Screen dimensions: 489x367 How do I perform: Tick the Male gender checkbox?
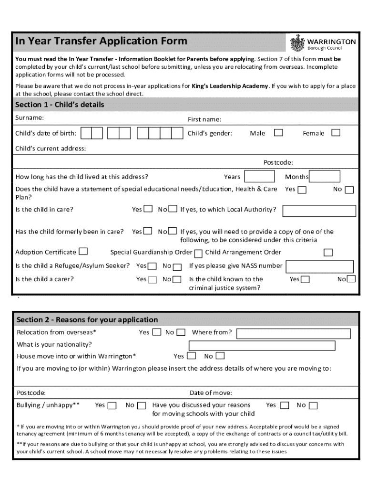[x=278, y=133]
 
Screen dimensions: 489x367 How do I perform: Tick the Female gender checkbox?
[x=336, y=133]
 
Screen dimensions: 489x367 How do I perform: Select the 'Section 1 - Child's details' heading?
[x=60, y=105]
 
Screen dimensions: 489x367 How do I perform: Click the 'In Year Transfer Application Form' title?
[x=101, y=41]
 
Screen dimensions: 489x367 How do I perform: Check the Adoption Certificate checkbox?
[x=83, y=251]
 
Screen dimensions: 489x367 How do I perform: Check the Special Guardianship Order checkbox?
[x=198, y=253]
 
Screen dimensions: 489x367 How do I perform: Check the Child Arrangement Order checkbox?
[x=328, y=252]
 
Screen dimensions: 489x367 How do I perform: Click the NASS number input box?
[x=319, y=266]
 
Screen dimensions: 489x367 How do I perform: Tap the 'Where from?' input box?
[x=293, y=333]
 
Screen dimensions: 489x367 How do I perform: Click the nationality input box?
[x=262, y=345]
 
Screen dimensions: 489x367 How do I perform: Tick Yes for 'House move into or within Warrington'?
[x=192, y=356]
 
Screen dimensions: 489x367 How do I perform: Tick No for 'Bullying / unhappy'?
[x=142, y=405]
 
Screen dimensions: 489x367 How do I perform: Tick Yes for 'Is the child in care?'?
[x=149, y=209]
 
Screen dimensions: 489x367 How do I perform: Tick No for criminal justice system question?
[x=351, y=279]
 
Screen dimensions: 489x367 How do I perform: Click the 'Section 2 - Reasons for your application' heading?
[x=87, y=319]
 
